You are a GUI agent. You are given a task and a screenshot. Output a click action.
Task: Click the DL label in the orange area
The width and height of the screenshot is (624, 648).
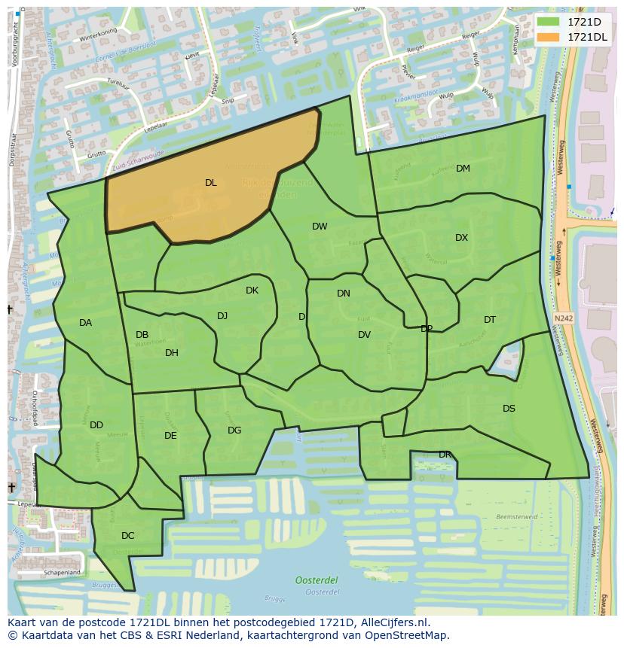click(x=210, y=183)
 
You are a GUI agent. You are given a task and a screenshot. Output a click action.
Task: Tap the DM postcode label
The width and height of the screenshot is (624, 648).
click(x=463, y=169)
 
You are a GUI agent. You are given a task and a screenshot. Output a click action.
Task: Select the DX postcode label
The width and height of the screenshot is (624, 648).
click(x=461, y=238)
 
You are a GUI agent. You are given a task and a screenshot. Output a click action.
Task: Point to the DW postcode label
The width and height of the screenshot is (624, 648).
click(x=320, y=227)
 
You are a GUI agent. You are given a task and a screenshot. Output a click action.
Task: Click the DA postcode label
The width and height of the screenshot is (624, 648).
click(x=85, y=323)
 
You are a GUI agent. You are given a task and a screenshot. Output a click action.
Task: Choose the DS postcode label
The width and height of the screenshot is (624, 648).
click(x=509, y=409)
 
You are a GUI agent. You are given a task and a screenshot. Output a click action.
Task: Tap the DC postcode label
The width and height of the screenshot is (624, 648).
click(x=127, y=536)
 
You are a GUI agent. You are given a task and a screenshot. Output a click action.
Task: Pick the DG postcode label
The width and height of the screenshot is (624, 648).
click(x=234, y=430)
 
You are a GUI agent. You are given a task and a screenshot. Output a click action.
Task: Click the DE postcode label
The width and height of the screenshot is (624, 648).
click(x=170, y=436)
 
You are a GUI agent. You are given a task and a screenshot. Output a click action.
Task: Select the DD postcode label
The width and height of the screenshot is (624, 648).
click(x=96, y=425)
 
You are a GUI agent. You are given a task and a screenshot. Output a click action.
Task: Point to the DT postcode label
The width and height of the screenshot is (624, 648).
click(x=490, y=320)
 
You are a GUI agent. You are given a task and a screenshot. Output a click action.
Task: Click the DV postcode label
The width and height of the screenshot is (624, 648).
click(x=364, y=335)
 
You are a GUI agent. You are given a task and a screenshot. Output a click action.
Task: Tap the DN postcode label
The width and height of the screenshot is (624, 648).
click(x=344, y=294)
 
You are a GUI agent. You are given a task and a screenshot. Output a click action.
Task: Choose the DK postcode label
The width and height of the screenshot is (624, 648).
click(x=252, y=291)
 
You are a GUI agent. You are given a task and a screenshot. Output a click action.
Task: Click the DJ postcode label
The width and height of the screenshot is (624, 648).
click(x=222, y=316)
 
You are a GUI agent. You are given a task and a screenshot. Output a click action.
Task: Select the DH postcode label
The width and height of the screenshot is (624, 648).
click(x=172, y=353)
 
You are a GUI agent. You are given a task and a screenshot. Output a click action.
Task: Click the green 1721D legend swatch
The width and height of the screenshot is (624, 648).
click(x=549, y=22)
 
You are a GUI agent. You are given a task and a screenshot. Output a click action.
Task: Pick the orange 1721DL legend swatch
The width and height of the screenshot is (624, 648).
click(x=549, y=36)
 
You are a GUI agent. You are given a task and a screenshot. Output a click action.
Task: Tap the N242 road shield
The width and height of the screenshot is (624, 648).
click(x=563, y=318)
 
